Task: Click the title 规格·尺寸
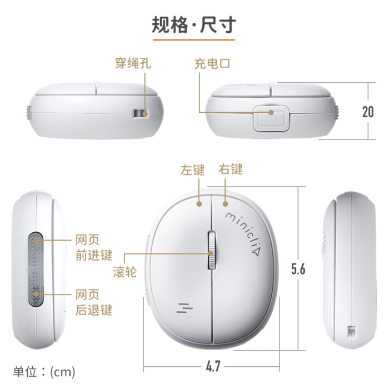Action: (x=193, y=25)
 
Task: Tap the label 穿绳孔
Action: (x=133, y=63)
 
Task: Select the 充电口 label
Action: (x=212, y=63)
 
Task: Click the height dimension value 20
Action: (x=368, y=112)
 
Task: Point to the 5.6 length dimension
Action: (x=298, y=269)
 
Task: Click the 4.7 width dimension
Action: (x=213, y=366)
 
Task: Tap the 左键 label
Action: (x=192, y=170)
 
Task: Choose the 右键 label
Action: (x=231, y=169)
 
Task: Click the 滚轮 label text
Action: (x=125, y=272)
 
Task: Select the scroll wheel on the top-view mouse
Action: (x=212, y=251)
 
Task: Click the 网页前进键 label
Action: (x=94, y=248)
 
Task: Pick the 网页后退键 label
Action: (x=94, y=302)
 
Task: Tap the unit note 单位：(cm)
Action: (x=44, y=372)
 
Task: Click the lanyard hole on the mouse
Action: (x=141, y=113)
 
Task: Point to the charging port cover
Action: (x=271, y=118)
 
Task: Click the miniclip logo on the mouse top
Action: (x=243, y=233)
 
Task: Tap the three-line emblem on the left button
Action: (x=184, y=308)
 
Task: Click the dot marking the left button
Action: (x=199, y=204)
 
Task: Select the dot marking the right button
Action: (x=225, y=204)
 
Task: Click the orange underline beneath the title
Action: (x=194, y=39)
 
